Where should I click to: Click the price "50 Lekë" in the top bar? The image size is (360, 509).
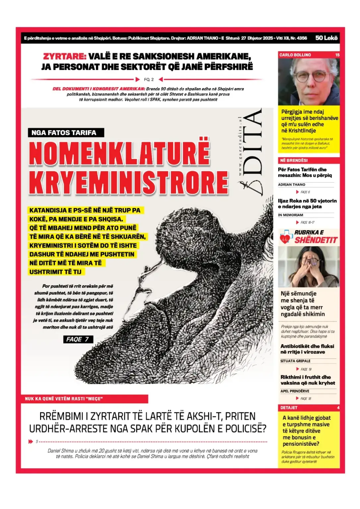click(x=326, y=38)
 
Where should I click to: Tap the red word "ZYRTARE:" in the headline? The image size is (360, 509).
click(x=65, y=56)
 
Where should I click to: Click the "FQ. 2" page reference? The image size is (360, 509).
click(x=149, y=80)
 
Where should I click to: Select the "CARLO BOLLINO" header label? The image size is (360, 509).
click(x=295, y=55)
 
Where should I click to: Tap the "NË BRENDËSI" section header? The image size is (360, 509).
click(x=294, y=160)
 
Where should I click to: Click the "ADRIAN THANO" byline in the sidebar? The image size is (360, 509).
click(x=292, y=185)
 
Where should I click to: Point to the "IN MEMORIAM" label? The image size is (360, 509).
click(x=290, y=215)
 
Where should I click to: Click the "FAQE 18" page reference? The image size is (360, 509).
click(x=305, y=399)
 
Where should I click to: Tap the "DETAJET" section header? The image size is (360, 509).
click(x=289, y=408)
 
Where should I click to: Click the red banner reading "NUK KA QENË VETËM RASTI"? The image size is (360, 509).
click(x=64, y=399)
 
